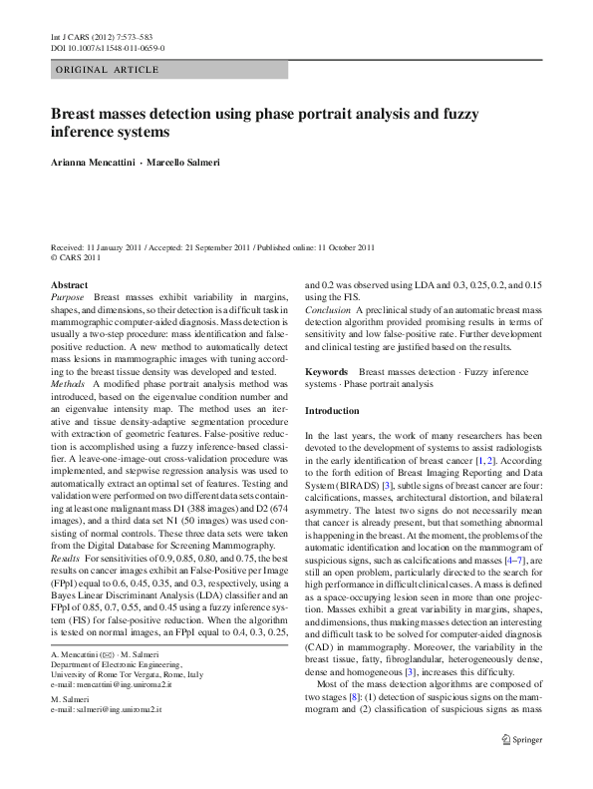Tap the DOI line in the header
click(108, 47)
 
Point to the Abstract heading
click(69, 284)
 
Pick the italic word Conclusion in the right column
click(328, 338)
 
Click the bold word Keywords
click(326, 372)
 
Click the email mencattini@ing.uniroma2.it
click(121, 715)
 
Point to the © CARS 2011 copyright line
click(76, 256)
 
